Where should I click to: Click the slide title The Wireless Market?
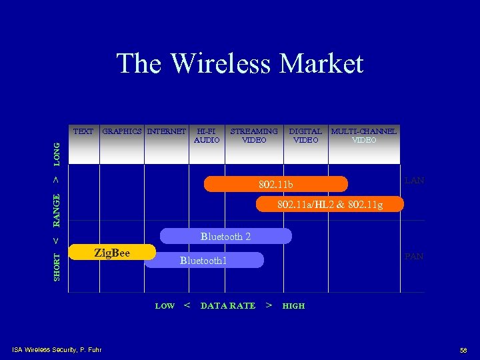click(240, 64)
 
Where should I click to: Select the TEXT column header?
click(83, 131)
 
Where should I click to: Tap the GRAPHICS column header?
click(123, 131)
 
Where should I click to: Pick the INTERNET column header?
click(167, 131)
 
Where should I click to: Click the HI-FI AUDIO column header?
click(207, 135)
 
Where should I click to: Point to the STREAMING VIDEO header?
click(254, 135)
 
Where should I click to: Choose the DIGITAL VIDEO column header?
click(305, 135)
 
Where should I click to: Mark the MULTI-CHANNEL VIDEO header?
click(364, 135)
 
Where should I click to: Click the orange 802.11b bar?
click(275, 184)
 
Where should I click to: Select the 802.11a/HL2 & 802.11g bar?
click(330, 204)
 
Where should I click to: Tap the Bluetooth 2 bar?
click(225, 236)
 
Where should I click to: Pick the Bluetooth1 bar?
click(203, 261)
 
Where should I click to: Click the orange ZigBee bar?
click(112, 253)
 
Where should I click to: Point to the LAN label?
click(414, 181)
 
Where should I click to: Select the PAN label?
click(414, 257)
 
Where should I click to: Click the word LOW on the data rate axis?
click(165, 306)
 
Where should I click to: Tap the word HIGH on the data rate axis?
click(293, 306)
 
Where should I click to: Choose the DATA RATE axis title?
click(228, 306)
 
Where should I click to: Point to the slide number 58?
click(463, 350)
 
